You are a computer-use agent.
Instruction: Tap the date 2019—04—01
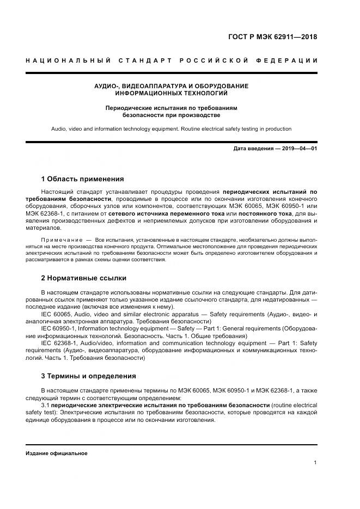(298, 148)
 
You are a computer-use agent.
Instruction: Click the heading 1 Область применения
(82, 179)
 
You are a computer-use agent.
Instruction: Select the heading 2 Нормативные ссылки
(83, 278)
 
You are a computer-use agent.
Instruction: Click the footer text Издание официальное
(56, 453)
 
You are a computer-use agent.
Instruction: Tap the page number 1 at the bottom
(315, 463)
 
